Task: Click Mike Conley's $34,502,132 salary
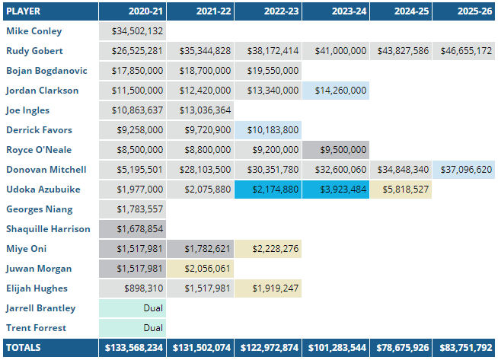(x=132, y=31)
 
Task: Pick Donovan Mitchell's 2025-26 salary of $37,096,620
(x=463, y=170)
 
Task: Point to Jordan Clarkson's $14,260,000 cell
(x=335, y=91)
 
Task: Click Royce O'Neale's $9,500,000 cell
(x=335, y=150)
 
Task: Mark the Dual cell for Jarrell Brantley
(x=132, y=308)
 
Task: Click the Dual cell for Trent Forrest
(x=132, y=328)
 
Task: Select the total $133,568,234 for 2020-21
(x=132, y=348)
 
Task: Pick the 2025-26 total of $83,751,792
(x=463, y=348)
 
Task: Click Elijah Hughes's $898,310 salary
(x=132, y=288)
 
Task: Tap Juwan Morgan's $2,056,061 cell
(x=200, y=269)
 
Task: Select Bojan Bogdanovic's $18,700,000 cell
(x=200, y=71)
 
